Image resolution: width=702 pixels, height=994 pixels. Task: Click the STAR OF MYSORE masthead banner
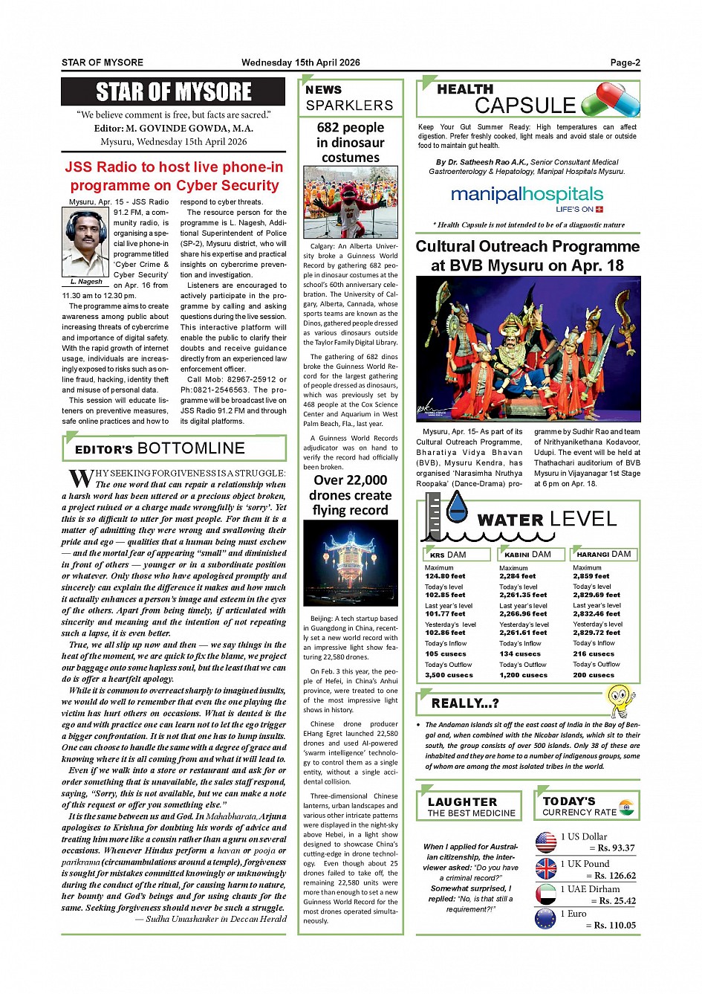pos(173,92)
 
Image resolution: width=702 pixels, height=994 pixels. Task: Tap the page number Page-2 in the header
pos(625,63)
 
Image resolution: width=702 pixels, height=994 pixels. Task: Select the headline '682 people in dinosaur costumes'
pos(350,142)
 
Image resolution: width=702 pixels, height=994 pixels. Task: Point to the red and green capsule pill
pos(610,100)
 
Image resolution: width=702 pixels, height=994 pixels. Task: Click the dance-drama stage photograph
pos(527,349)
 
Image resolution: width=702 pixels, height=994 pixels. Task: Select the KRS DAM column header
pos(448,555)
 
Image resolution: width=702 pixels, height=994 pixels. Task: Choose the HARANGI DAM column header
pos(603,555)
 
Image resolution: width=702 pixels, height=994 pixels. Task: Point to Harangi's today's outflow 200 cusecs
pos(594,675)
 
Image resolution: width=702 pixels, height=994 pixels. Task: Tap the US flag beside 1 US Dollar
pos(546,842)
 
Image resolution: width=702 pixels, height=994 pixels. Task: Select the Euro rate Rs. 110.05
pos(611,926)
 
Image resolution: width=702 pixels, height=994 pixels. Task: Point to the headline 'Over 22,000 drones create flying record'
pos(350,495)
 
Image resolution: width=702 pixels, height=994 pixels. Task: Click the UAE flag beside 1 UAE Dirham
pos(546,894)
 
